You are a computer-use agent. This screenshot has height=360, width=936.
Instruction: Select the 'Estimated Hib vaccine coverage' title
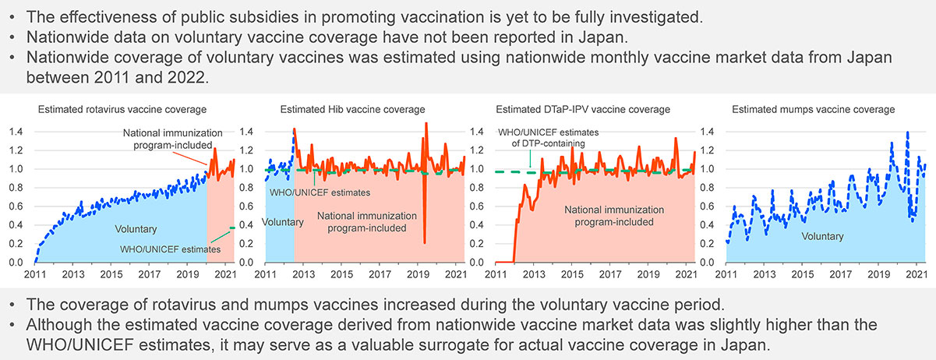coord(352,109)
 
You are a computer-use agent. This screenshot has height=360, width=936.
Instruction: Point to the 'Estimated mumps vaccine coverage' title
coord(814,109)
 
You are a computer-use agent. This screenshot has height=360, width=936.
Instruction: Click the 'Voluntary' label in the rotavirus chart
coord(136,229)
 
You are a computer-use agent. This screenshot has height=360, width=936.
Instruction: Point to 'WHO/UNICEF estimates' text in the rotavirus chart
coord(170,249)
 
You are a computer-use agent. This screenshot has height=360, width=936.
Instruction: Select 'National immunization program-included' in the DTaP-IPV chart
coord(613,216)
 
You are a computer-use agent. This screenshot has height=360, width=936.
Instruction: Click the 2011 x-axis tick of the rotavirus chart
coord(34,275)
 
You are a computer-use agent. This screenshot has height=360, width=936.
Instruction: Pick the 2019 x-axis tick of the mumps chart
coord(878,275)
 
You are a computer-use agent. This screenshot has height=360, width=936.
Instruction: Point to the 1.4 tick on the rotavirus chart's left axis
coord(16,132)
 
